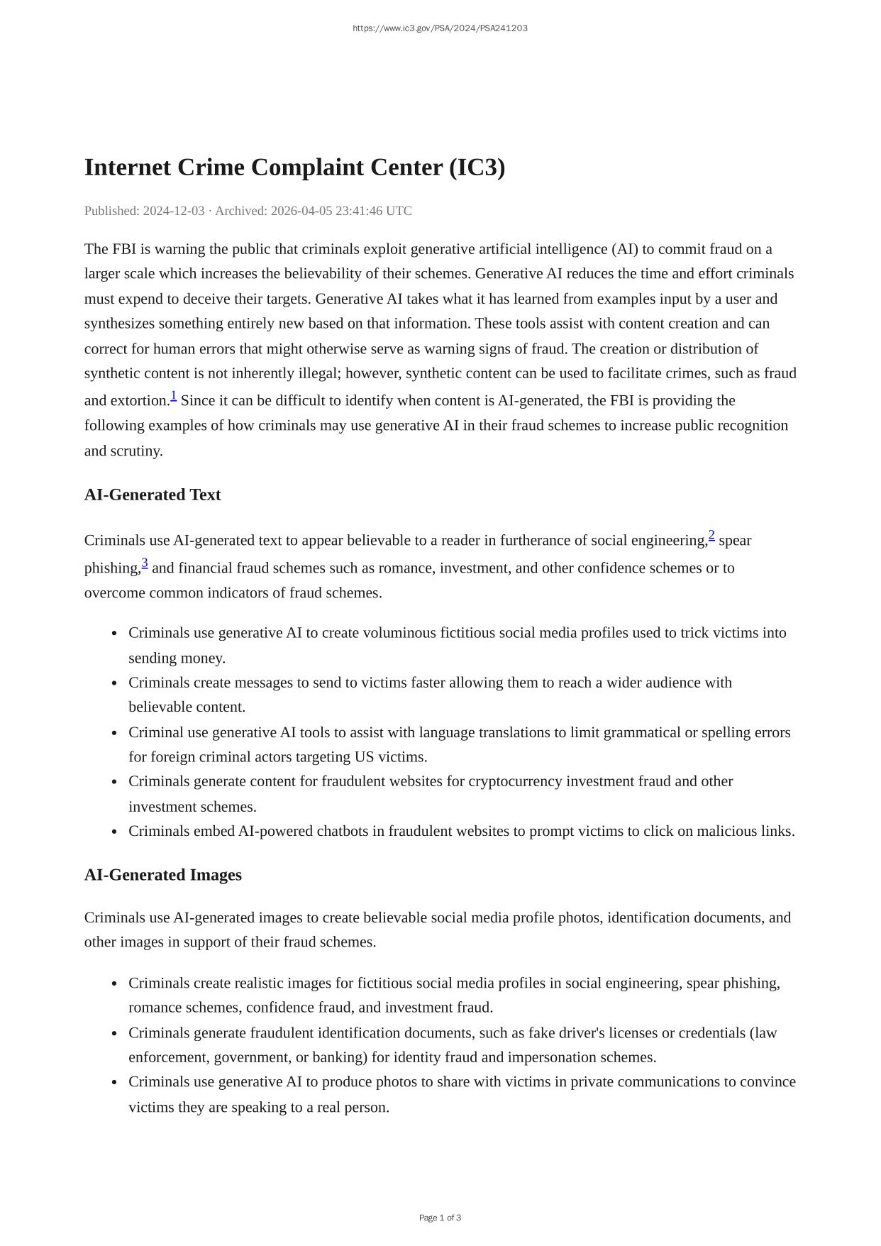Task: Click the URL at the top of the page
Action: coord(440,28)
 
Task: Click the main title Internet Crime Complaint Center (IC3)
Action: coord(294,167)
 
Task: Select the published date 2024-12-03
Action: coord(174,211)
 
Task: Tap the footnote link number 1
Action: coord(173,396)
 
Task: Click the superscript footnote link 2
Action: coord(711,536)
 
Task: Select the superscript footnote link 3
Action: coord(145,563)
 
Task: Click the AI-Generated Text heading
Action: coord(153,495)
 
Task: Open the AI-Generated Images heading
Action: coord(163,875)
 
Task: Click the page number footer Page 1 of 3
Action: coord(440,1218)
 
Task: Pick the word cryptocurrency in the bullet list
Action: coord(515,781)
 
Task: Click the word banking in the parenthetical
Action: coord(340,1057)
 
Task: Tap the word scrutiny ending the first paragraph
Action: coord(136,451)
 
